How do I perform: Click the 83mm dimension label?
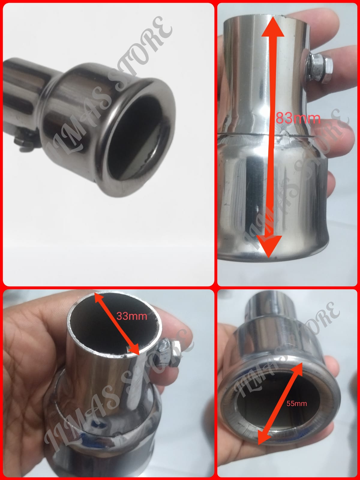[298, 118]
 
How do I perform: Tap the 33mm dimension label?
[132, 316]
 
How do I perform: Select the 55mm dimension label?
[296, 403]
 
